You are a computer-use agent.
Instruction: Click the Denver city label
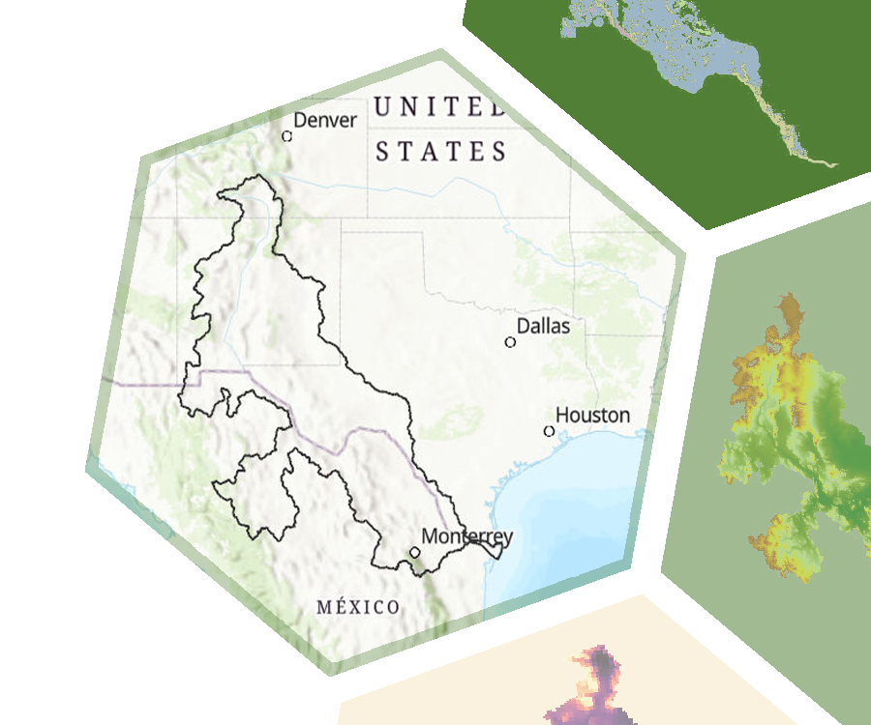325,121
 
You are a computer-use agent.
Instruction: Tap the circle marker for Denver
286,136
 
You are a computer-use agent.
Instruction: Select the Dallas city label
543,327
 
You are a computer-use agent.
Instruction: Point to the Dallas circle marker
510,342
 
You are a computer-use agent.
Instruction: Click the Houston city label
592,416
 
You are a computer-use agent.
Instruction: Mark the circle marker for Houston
549,431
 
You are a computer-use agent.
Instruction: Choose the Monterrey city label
466,536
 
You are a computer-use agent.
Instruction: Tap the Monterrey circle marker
414,552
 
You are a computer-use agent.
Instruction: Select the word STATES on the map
441,152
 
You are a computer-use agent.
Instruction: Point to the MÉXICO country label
358,607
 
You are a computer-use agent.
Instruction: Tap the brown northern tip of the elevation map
791,312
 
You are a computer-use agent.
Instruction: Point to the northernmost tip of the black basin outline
258,176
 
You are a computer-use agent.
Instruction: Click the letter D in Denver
299,121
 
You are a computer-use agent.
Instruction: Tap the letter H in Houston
562,416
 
